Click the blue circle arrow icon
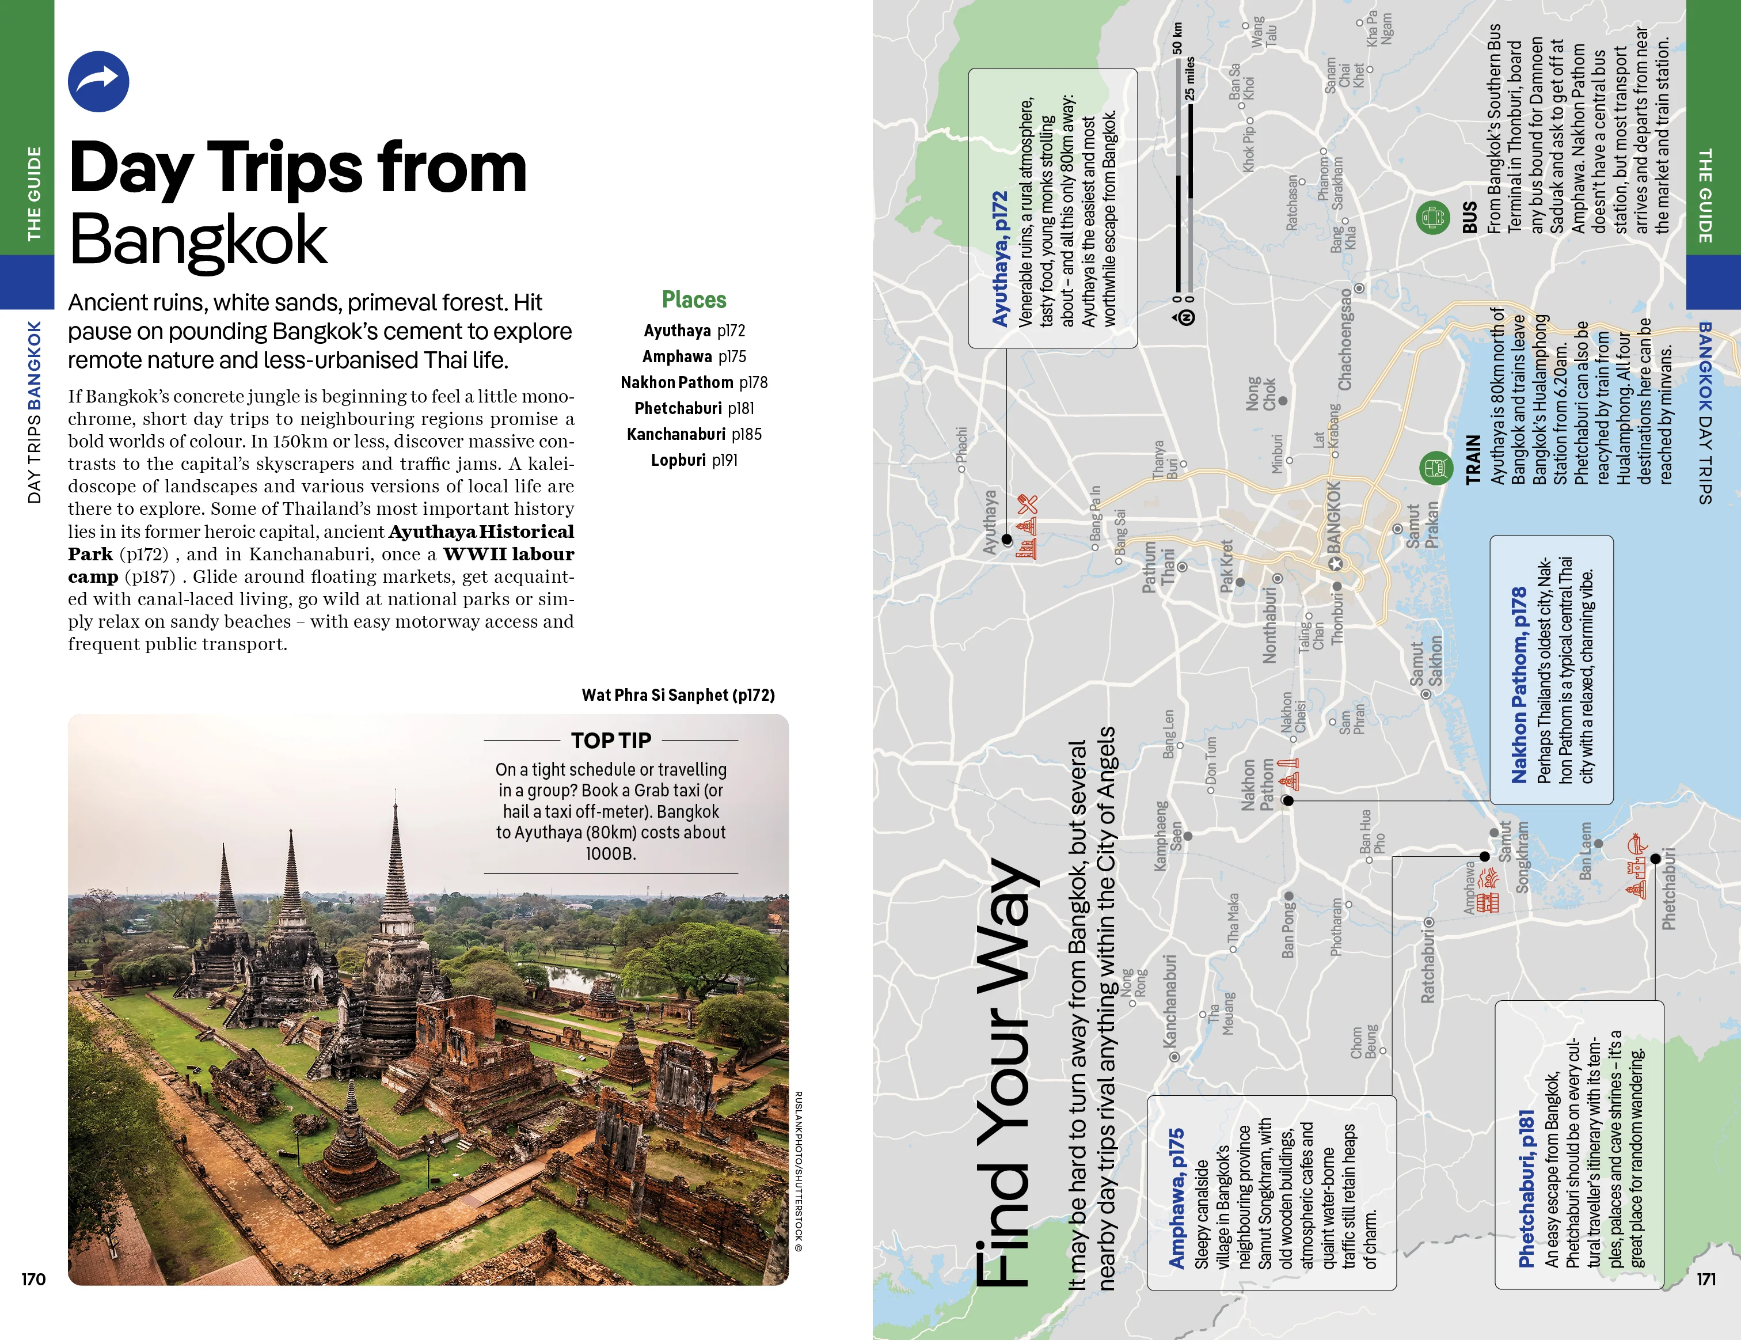[98, 81]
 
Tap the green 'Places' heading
[694, 299]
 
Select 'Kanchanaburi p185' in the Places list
[694, 434]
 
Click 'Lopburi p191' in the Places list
[694, 460]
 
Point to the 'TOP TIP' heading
[611, 741]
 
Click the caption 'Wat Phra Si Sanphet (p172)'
[678, 695]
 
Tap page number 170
[33, 1278]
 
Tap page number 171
[1706, 1278]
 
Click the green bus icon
[1432, 217]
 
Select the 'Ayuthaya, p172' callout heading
[999, 259]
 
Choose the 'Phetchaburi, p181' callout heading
[1526, 1189]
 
